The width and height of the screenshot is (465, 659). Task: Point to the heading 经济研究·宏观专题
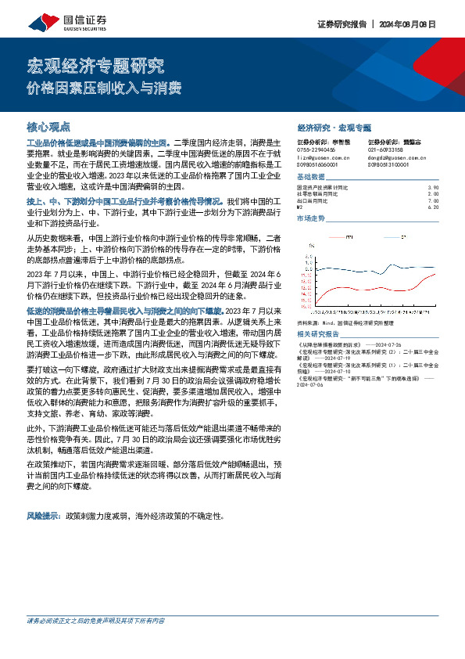(x=334, y=127)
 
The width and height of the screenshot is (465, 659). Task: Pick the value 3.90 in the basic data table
(x=435, y=188)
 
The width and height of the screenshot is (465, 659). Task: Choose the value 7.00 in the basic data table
(x=435, y=200)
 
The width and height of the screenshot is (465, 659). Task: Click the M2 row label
(x=301, y=207)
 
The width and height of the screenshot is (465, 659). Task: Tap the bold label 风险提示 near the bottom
(x=45, y=495)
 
